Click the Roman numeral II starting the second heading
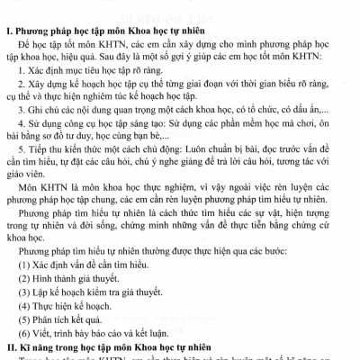click(9, 346)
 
